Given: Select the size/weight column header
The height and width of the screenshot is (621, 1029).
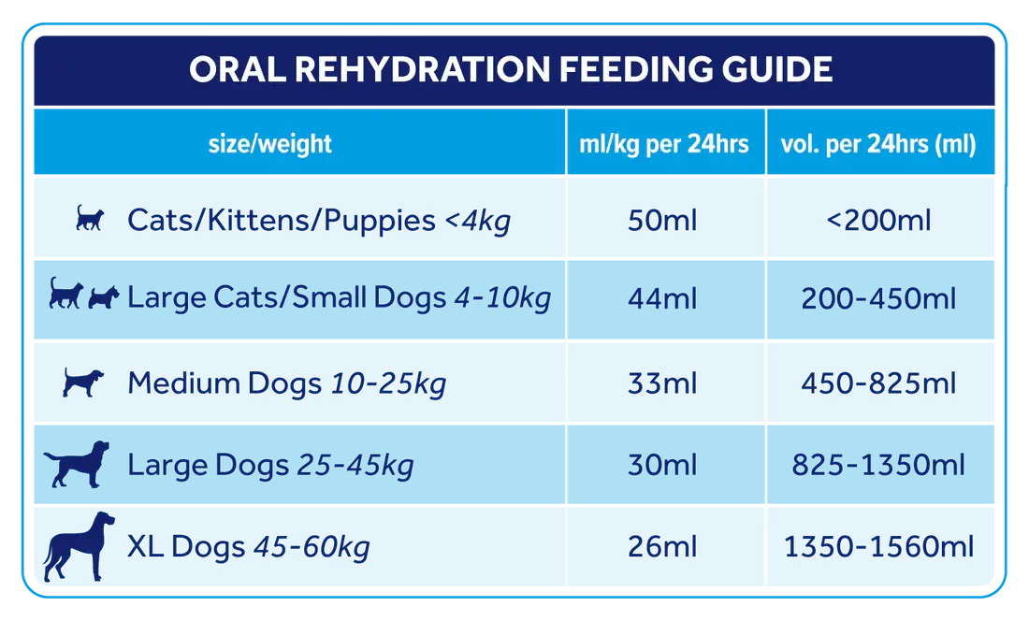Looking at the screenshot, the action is [269, 144].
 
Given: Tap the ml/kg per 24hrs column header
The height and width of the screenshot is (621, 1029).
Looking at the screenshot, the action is [663, 144].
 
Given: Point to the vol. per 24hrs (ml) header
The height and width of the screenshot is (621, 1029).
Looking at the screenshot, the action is [878, 144].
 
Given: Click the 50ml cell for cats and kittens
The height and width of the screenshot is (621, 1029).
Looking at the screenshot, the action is [662, 220].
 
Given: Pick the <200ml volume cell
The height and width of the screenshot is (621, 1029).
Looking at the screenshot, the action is [878, 220].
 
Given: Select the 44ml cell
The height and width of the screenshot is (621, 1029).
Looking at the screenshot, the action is [662, 298].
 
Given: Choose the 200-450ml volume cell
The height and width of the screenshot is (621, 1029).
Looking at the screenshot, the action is [878, 298].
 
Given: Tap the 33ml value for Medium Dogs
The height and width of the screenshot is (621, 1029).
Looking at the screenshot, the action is [662, 383].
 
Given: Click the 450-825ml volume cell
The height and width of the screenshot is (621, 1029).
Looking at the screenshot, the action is [878, 383].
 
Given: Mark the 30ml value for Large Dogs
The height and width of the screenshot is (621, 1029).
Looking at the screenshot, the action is [662, 464].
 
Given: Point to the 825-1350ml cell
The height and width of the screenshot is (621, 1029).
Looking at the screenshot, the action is [878, 464].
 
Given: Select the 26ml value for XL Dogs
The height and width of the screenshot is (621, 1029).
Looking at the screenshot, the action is [662, 546].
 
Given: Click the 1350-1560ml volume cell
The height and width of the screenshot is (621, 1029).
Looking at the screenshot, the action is [878, 546].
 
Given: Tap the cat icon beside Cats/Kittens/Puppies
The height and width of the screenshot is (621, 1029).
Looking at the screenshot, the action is [90, 218].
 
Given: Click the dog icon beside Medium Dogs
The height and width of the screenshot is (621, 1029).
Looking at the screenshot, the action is [83, 382].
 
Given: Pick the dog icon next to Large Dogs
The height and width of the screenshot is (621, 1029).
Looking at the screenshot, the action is [78, 464].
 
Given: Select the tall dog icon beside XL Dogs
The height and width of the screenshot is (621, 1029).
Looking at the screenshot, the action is [79, 546].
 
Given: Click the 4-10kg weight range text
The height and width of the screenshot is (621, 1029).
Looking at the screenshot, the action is [502, 298].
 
